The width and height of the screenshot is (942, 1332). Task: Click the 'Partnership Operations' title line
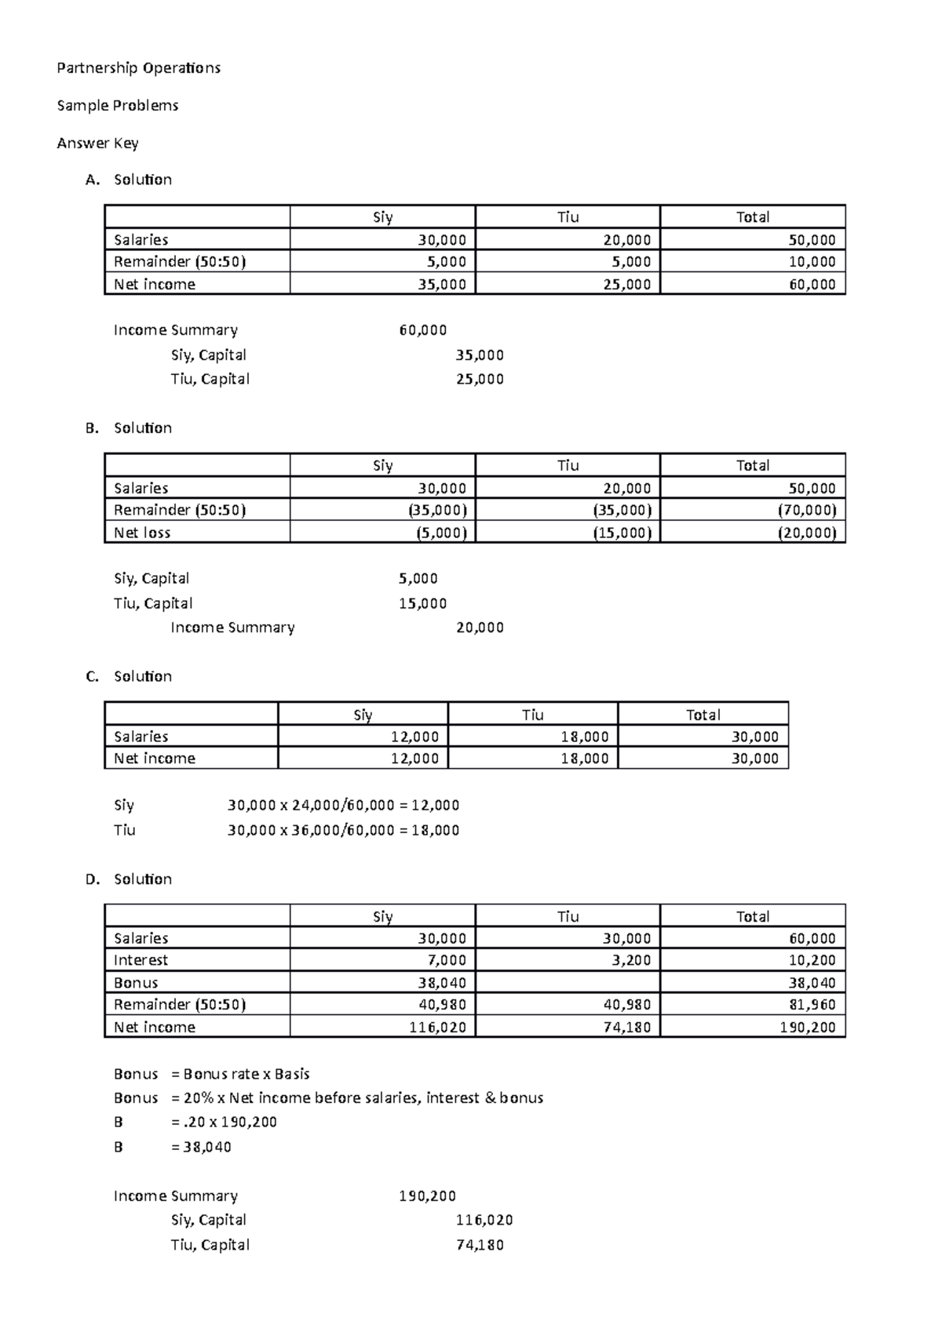138,68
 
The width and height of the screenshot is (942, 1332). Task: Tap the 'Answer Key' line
97,143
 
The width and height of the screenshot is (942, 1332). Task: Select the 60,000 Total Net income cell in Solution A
812,284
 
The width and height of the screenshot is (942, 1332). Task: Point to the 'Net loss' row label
142,533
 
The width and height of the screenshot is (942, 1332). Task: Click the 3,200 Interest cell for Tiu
631,960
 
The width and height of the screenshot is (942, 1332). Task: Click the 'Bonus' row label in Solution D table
136,983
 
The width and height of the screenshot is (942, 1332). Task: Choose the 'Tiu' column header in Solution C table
532,715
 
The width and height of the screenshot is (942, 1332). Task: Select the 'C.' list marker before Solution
93,676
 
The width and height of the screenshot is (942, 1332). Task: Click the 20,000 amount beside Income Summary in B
480,628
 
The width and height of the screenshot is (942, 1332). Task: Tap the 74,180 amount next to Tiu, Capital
480,1245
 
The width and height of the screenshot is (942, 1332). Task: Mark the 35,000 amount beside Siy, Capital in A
480,355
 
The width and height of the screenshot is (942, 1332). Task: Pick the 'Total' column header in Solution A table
752,217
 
